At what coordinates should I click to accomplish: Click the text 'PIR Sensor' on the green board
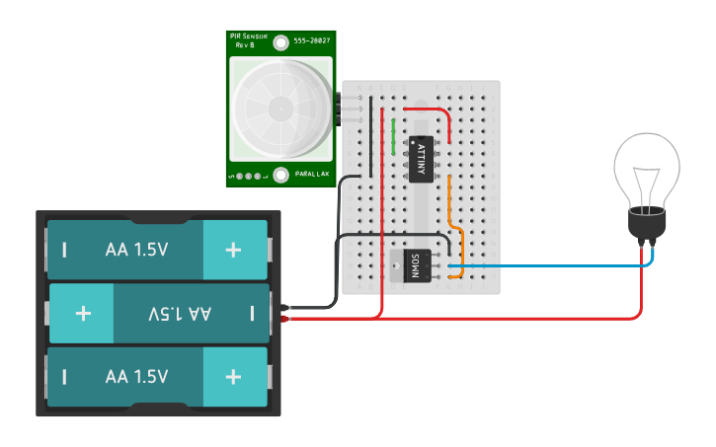coord(248,37)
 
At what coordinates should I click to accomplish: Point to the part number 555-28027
coord(313,42)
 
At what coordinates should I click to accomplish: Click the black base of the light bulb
coord(647,226)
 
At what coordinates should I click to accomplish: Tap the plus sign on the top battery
coord(233,250)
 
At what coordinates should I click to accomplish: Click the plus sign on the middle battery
coord(83,313)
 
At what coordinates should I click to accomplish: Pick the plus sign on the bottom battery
coord(233,376)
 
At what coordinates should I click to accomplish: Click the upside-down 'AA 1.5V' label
coord(180,313)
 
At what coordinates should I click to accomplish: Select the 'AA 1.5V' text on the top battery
coord(136,250)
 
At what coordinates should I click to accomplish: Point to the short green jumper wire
coord(394,136)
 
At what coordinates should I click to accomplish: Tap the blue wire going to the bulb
coord(553,265)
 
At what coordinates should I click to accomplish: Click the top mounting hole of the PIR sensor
coord(281,42)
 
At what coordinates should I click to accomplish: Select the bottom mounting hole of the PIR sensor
coord(281,176)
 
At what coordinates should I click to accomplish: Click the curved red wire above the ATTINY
coord(435,112)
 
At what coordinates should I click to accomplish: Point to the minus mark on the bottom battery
coord(64,376)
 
